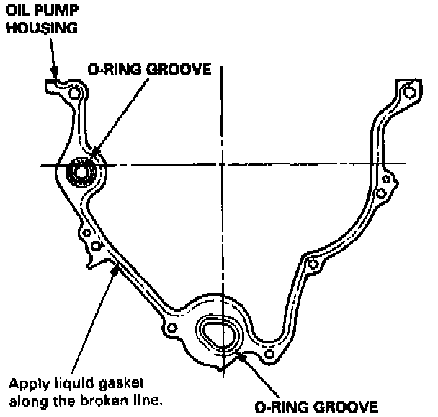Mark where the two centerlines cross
tap(224, 165)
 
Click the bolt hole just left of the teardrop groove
tap(171, 329)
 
